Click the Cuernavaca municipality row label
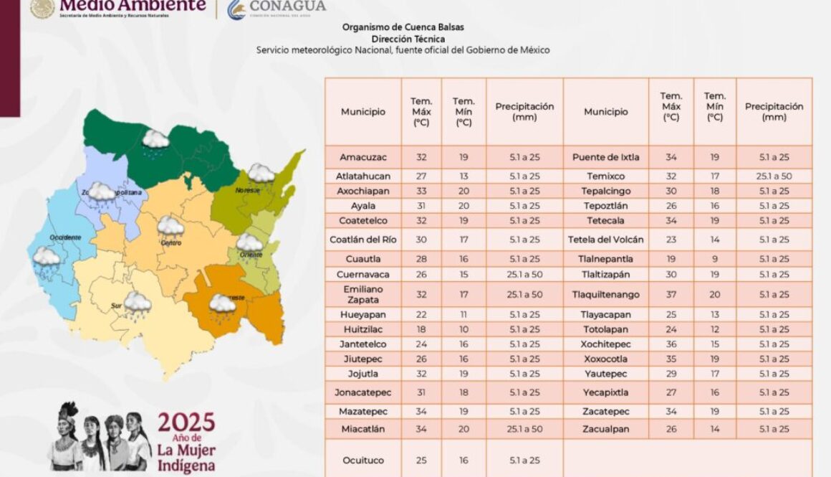tap(362, 274)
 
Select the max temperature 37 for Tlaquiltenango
tap(671, 295)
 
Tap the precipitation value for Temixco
tap(774, 176)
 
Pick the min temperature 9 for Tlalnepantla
tap(715, 259)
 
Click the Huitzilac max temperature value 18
tap(421, 329)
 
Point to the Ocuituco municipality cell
tap(362, 461)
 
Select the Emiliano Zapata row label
tap(362, 294)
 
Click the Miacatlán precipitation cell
tap(524, 429)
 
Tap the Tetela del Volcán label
tap(605, 240)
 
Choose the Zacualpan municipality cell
tap(605, 429)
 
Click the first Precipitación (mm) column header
tap(524, 111)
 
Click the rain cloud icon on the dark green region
tap(155, 141)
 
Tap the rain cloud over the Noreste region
tap(261, 174)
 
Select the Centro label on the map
tap(170, 243)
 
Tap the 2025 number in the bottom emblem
tap(186, 421)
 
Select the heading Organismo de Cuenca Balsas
tap(403, 27)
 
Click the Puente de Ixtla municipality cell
tap(605, 157)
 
